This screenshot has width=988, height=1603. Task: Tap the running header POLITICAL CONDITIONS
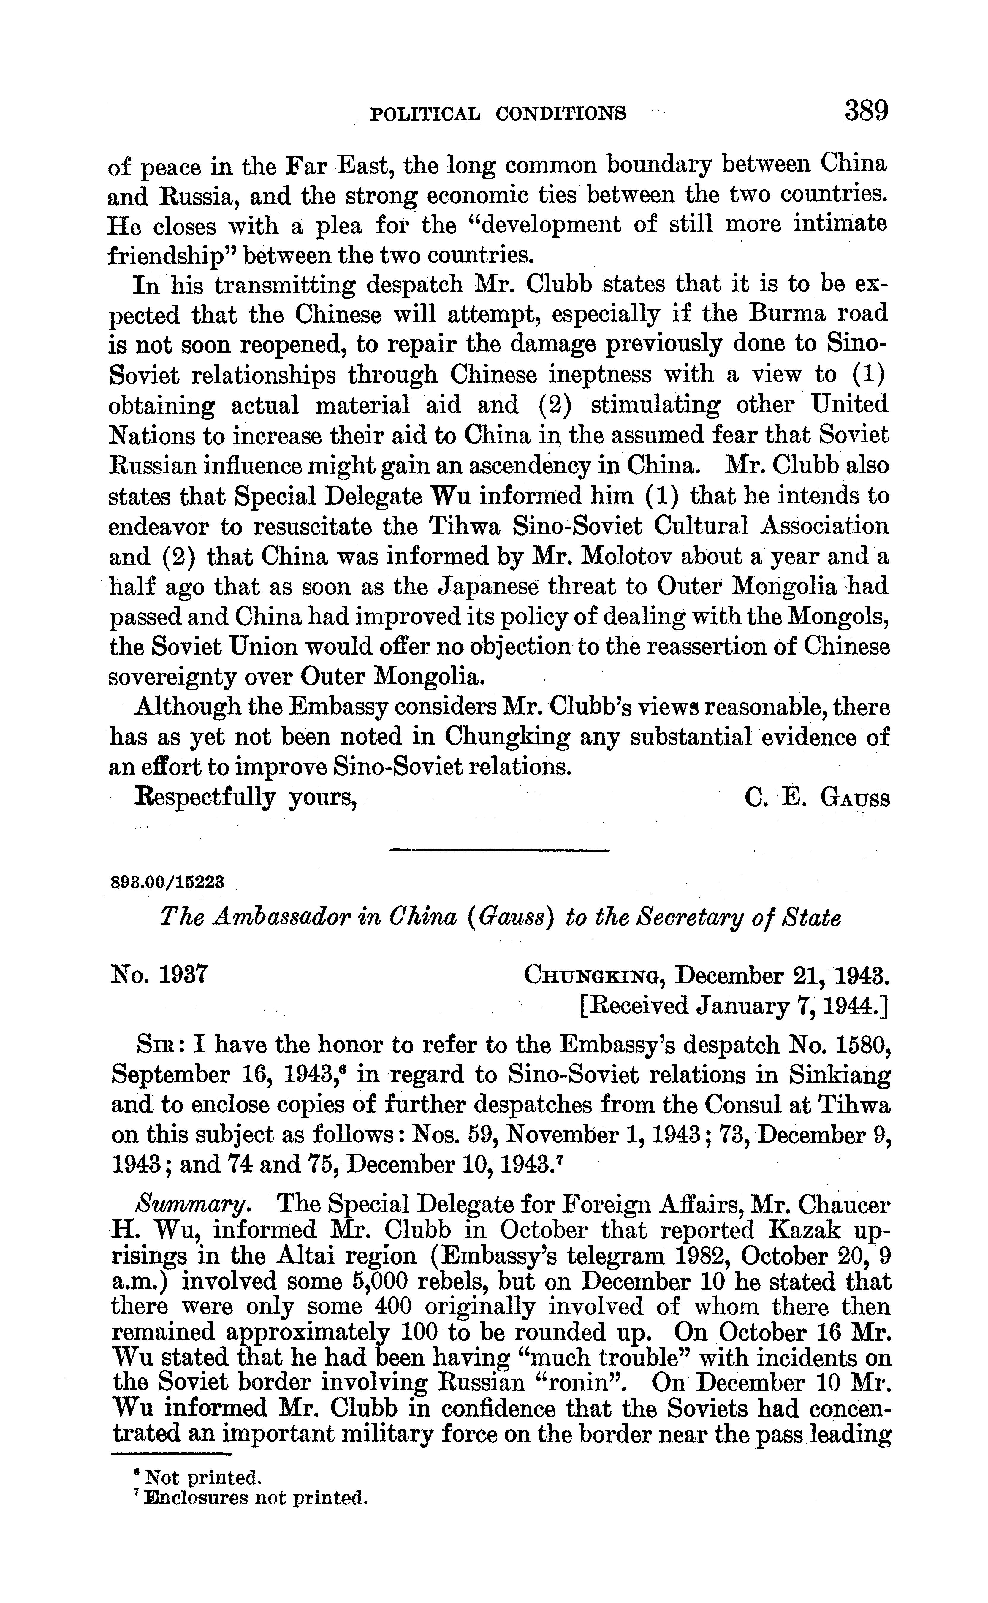coord(498,114)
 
